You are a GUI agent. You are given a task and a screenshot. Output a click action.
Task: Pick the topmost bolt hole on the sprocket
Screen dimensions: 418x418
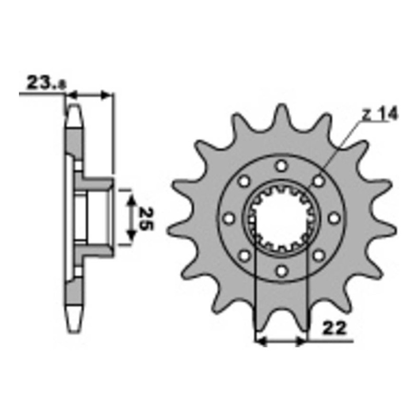[282, 166]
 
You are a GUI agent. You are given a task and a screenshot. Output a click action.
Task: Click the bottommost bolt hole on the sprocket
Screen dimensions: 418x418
[282, 270]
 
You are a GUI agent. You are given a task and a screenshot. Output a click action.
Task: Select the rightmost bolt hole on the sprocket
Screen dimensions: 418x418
[334, 218]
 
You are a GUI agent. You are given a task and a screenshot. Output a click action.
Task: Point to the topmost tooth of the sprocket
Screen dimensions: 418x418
[282, 112]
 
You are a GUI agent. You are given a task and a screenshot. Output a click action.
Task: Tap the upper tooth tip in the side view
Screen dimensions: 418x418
[74, 112]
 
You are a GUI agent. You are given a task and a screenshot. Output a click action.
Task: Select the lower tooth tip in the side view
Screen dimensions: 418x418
[74, 321]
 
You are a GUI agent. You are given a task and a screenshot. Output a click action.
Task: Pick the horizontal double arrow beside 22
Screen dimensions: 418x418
[281, 342]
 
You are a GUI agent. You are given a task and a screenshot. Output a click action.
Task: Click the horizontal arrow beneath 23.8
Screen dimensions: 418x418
[90, 95]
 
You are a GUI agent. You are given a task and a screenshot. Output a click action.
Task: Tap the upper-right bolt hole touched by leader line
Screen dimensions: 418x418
[318, 181]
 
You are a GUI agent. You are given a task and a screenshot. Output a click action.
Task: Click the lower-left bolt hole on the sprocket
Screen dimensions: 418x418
[245, 255]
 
